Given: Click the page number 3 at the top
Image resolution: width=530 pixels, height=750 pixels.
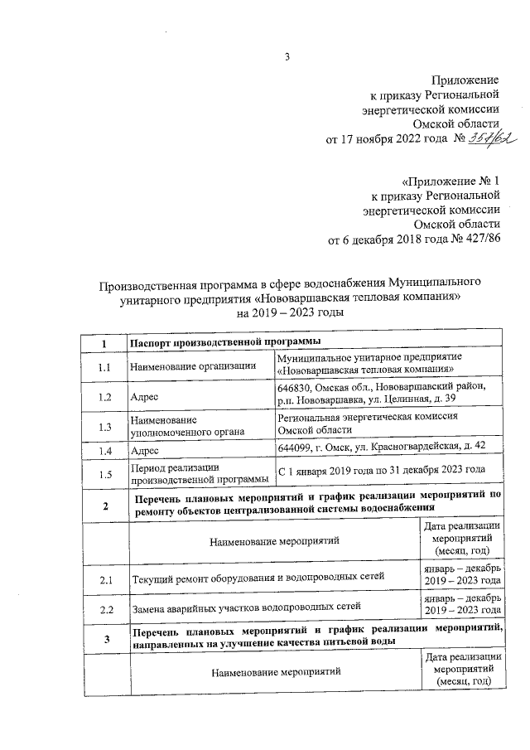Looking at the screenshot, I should point(287,57).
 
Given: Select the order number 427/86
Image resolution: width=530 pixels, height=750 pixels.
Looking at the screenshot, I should point(479,240).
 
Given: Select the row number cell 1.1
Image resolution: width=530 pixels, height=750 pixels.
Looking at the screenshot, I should point(104,366).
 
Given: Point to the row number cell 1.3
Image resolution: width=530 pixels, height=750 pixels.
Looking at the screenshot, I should point(104,427).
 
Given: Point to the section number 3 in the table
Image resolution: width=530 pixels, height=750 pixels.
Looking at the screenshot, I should point(104,637).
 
